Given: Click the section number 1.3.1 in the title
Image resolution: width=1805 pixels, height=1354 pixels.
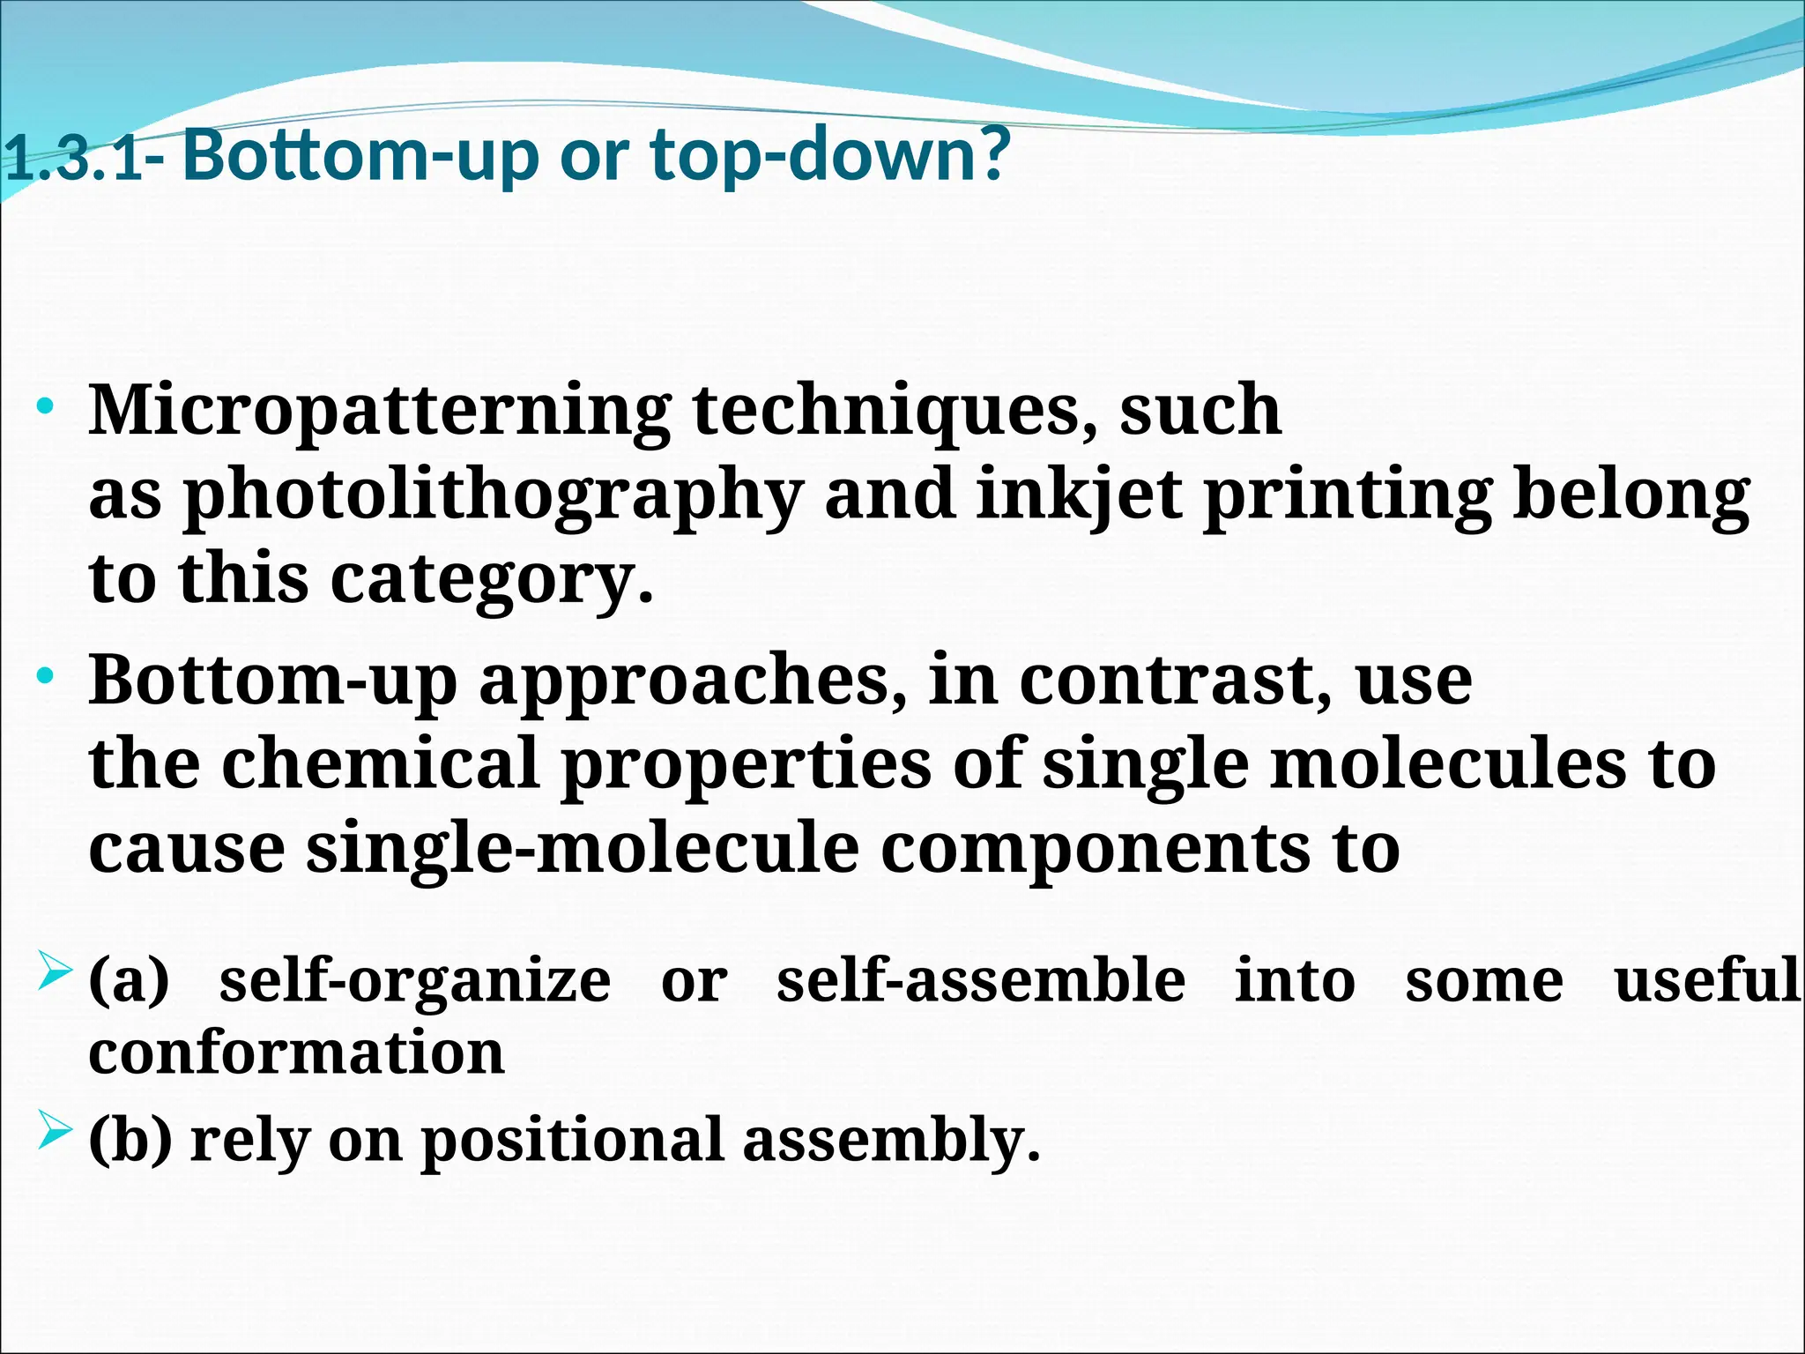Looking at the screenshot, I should [x=72, y=161].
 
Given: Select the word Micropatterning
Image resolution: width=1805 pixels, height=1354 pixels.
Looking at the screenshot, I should [x=379, y=412].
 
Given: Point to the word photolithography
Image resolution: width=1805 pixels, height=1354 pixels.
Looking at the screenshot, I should [x=493, y=496].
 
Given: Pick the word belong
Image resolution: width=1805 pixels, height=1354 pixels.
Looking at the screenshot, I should [x=1631, y=496].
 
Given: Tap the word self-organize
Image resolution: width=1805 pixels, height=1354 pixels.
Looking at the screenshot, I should [x=414, y=981].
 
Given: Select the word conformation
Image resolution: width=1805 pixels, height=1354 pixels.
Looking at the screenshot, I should [x=296, y=1053].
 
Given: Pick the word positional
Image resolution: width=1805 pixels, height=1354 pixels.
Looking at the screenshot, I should [x=572, y=1141].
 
